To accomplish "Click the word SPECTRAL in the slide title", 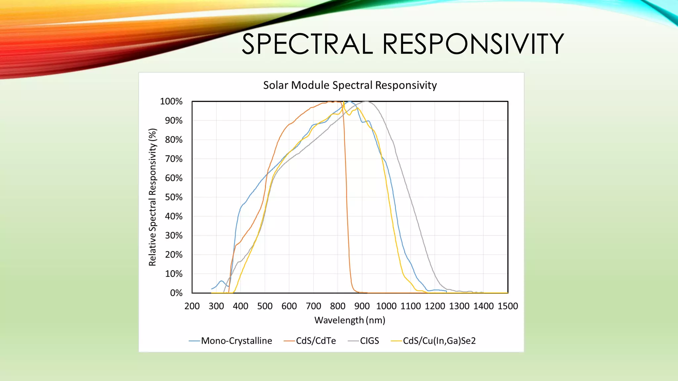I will [307, 44].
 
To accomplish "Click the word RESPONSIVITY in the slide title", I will [473, 44].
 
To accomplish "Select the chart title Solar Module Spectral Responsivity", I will [350, 85].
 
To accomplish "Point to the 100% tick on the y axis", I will [171, 102].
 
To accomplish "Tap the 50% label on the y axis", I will [173, 197].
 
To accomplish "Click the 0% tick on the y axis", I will [176, 293].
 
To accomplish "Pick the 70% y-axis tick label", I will [173, 159].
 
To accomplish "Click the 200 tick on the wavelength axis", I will [192, 306].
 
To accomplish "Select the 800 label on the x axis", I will [338, 306].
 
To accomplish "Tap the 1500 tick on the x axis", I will [508, 306].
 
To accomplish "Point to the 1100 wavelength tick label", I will [411, 306].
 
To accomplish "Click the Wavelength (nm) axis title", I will [350, 320].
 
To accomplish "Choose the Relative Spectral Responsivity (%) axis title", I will [152, 197].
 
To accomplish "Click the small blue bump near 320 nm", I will [221, 281].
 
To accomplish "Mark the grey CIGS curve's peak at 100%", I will [366, 102].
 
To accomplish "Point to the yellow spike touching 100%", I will [344, 102].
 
